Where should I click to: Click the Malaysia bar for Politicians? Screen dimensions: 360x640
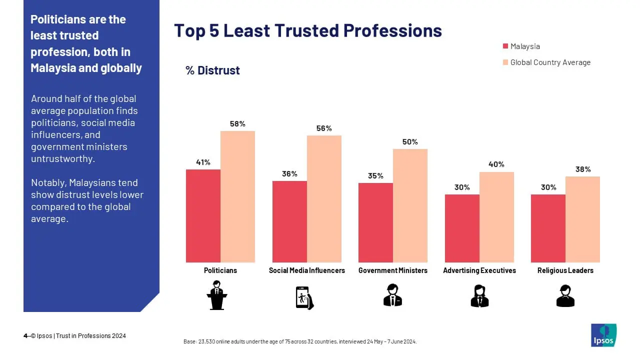coord(203,216)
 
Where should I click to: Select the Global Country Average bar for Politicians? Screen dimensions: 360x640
coord(237,196)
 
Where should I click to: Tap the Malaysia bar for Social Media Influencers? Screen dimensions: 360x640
coord(289,221)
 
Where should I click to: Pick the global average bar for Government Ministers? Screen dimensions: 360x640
coord(410,205)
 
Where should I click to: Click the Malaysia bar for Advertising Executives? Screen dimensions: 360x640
coord(462,228)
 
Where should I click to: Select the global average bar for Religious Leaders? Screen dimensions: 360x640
coord(582,219)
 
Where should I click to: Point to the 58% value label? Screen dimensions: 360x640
coord(237,124)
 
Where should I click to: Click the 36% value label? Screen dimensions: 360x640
coord(289,173)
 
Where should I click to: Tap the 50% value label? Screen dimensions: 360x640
coord(410,142)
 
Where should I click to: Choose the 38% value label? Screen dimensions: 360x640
coord(582,169)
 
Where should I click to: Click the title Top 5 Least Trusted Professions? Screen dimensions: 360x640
coord(307,30)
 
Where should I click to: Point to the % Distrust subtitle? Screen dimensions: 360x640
coord(212,70)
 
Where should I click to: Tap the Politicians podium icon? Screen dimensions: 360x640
coord(216,295)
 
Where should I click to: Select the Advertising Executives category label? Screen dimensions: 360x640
coord(479,270)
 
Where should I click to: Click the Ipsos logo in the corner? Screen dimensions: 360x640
coord(603,335)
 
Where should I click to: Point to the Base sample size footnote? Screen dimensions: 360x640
coord(300,342)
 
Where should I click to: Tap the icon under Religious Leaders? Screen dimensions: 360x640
coord(565,295)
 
